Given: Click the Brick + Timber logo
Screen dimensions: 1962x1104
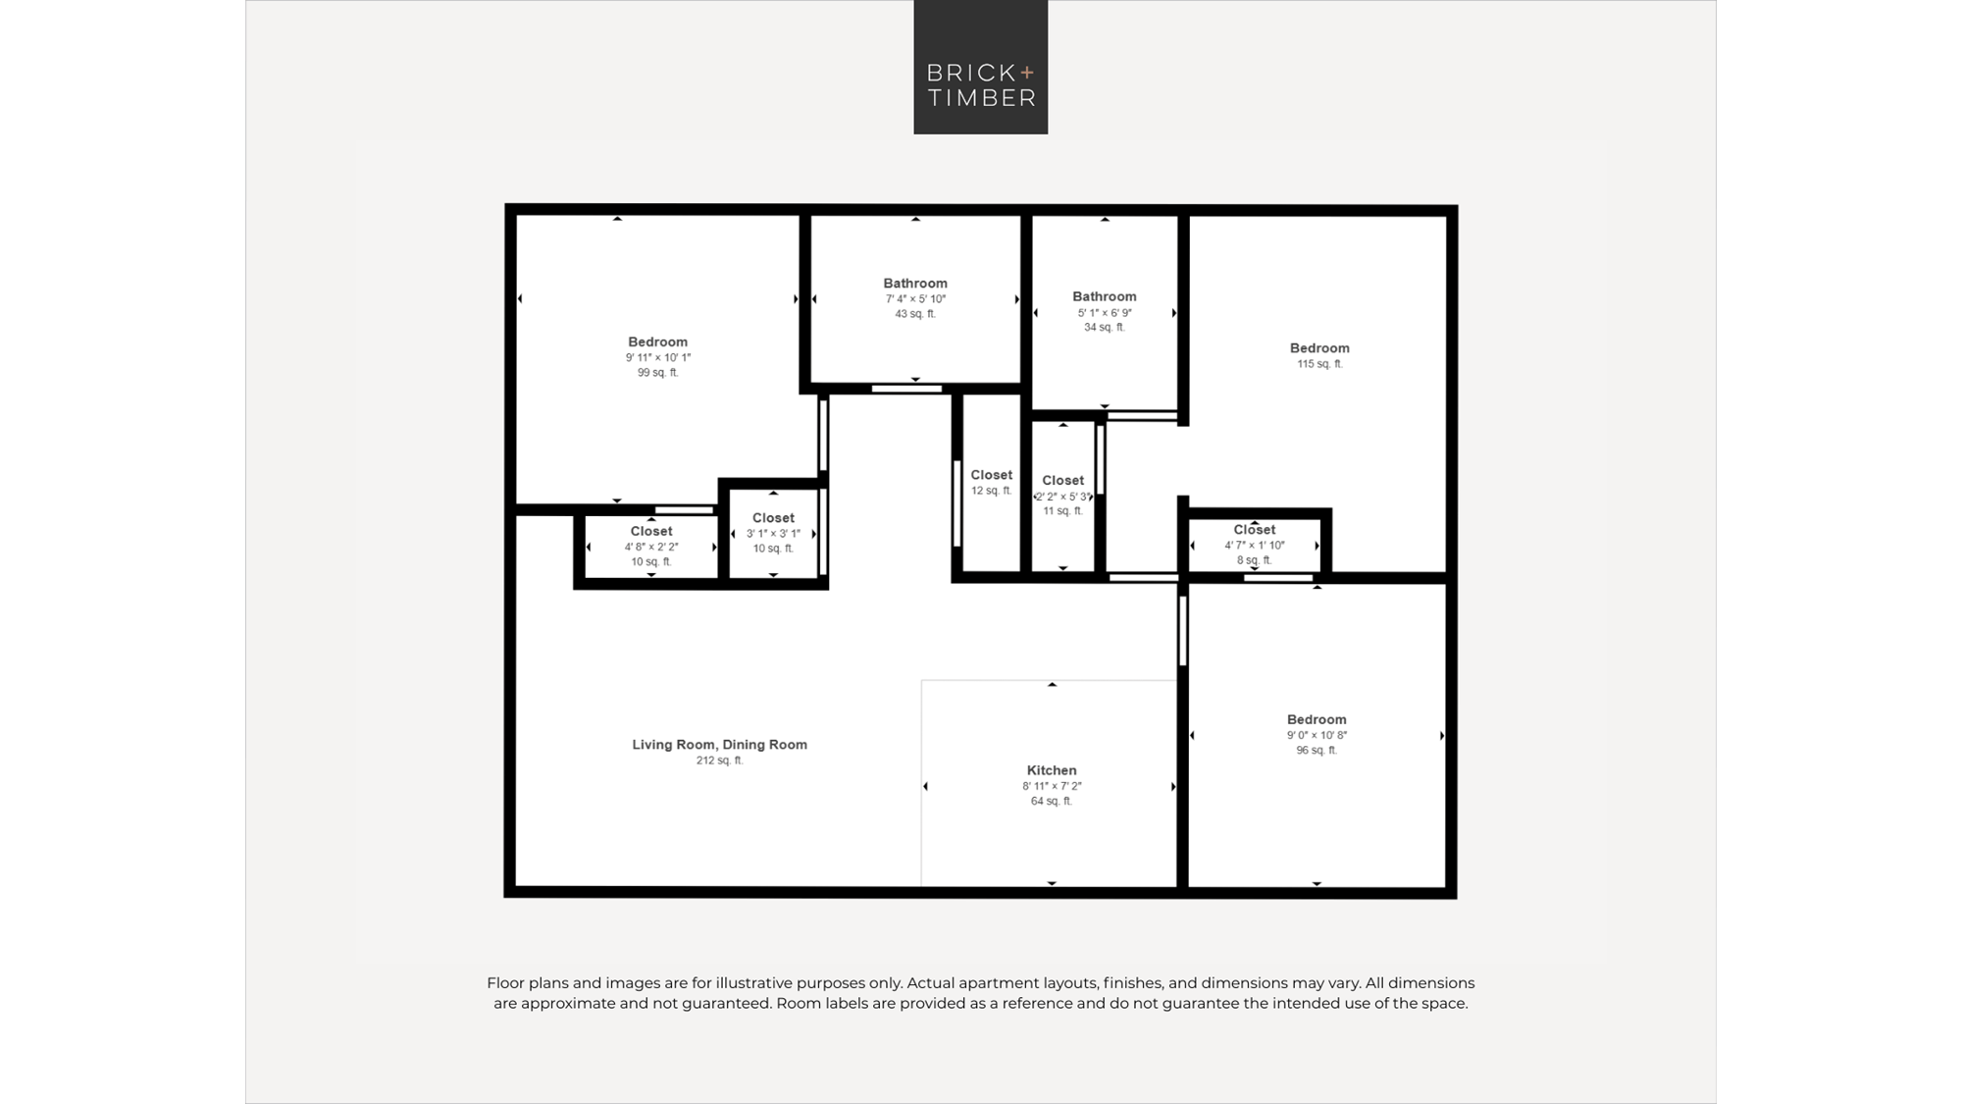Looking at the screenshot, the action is click(981, 67).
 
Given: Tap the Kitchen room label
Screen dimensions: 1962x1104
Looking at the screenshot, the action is click(1052, 770).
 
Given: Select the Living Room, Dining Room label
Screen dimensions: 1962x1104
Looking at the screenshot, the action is click(719, 745).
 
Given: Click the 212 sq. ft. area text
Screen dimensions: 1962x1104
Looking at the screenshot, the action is click(719, 761).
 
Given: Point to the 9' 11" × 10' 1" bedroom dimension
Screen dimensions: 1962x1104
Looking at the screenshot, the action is click(658, 358).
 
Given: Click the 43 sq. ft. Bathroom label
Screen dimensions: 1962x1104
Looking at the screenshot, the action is click(915, 284).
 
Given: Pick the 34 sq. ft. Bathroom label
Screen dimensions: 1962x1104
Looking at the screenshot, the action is click(1105, 296).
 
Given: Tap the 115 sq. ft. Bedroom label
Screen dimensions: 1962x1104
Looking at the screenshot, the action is click(1319, 348).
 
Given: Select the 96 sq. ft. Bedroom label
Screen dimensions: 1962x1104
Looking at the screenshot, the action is click(1317, 719).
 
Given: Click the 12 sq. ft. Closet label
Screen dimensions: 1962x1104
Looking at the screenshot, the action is click(992, 475).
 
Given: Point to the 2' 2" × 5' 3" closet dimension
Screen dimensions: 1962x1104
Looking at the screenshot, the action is click(1063, 497).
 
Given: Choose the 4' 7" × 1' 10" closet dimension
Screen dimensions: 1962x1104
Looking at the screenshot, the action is click(1255, 546).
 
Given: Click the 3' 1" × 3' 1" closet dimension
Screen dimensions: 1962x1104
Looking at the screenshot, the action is click(773, 534).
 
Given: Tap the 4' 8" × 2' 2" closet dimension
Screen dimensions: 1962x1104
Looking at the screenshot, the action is click(651, 548).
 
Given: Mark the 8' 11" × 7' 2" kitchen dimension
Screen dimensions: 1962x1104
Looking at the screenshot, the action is click(1052, 786).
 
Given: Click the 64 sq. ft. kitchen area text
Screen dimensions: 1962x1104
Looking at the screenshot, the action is click(1052, 802).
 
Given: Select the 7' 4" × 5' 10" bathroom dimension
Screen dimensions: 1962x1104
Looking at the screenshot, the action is click(915, 299).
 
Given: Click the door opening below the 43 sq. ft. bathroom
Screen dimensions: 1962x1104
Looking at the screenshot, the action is click(906, 390).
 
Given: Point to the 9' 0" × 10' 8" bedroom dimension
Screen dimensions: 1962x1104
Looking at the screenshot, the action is click(1317, 735).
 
